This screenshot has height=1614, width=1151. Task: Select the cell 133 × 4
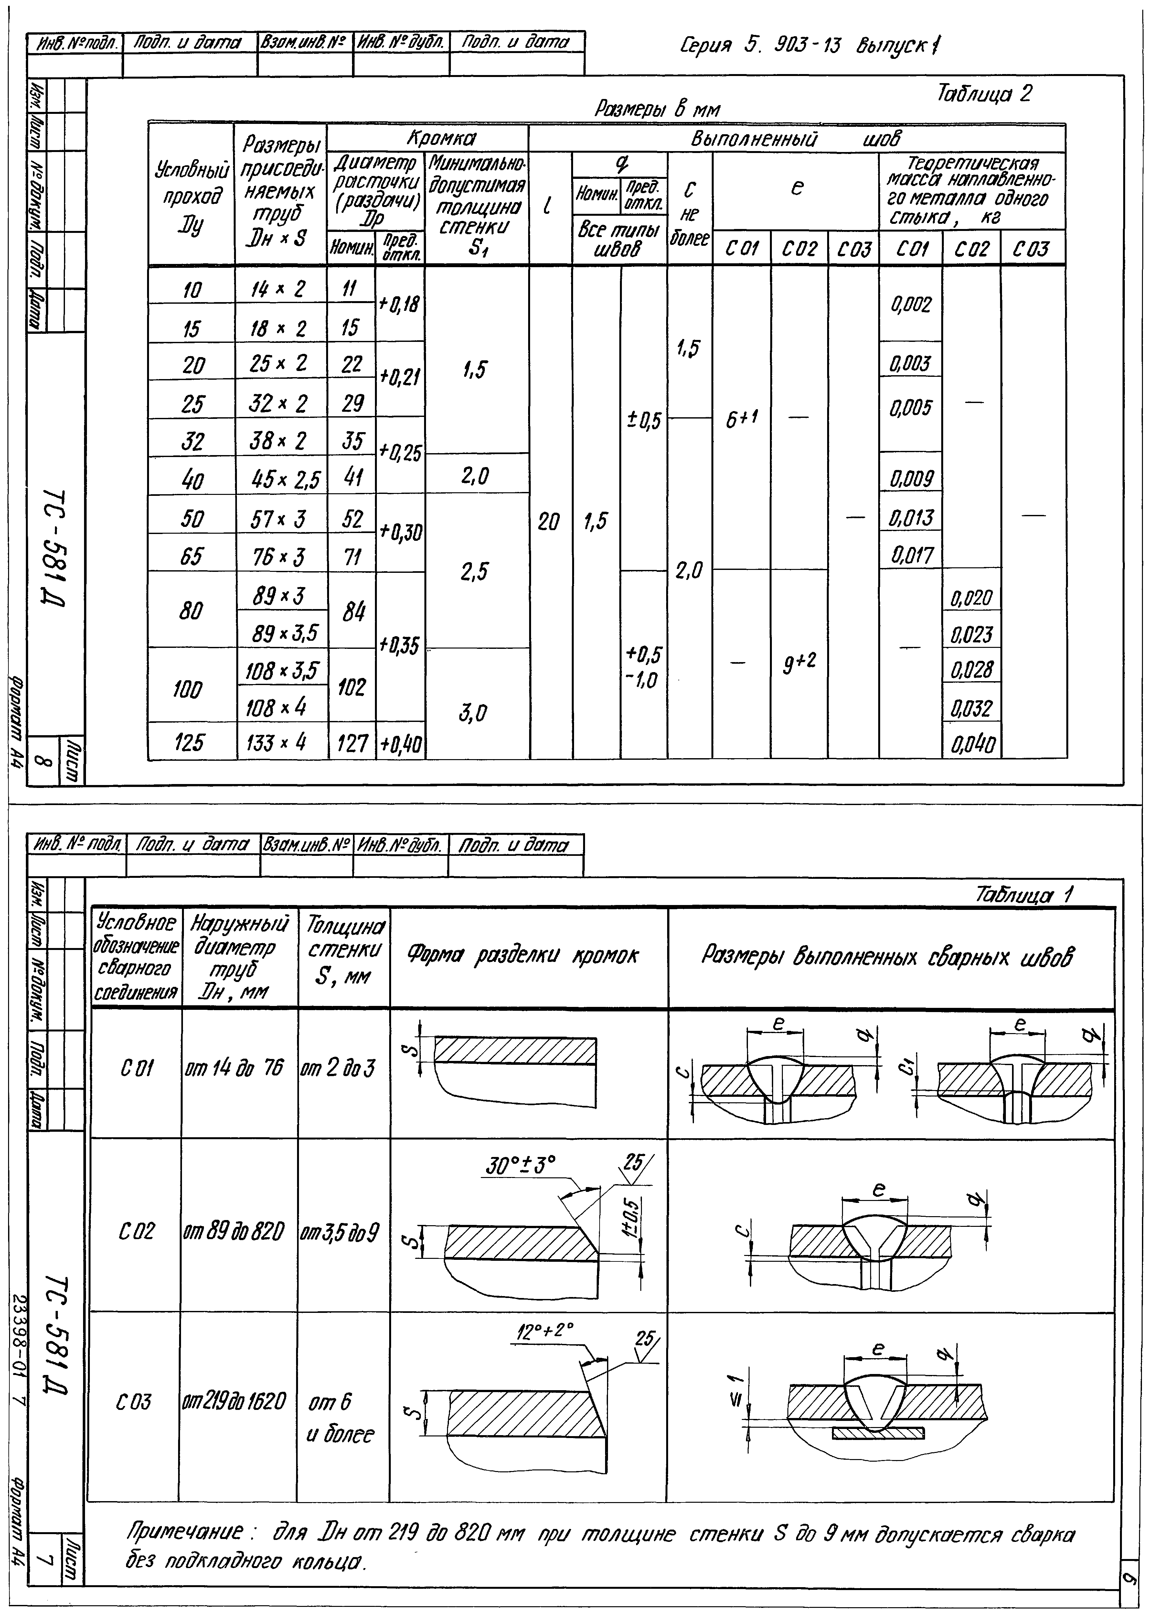click(x=281, y=742)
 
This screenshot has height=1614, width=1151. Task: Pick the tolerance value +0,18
click(x=399, y=304)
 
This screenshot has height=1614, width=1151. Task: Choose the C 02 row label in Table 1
click(x=136, y=1231)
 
